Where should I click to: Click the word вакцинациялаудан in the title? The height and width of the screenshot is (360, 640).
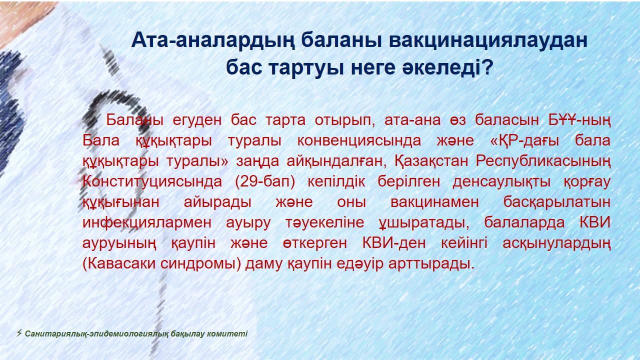[x=488, y=40]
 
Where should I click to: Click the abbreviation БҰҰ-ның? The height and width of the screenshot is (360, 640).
[x=579, y=120]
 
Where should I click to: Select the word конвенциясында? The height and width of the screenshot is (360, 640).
[x=359, y=141]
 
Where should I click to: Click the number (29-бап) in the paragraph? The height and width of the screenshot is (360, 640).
[x=265, y=181]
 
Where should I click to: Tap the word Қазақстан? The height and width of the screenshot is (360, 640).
[x=431, y=161]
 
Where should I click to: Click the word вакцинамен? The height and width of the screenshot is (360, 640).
[x=434, y=202]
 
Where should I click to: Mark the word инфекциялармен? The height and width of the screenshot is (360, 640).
[x=147, y=223]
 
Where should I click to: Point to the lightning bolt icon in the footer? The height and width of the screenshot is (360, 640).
[x=19, y=333]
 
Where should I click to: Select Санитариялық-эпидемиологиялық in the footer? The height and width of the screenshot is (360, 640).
[x=96, y=334]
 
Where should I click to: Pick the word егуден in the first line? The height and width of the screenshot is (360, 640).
[x=197, y=120]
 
